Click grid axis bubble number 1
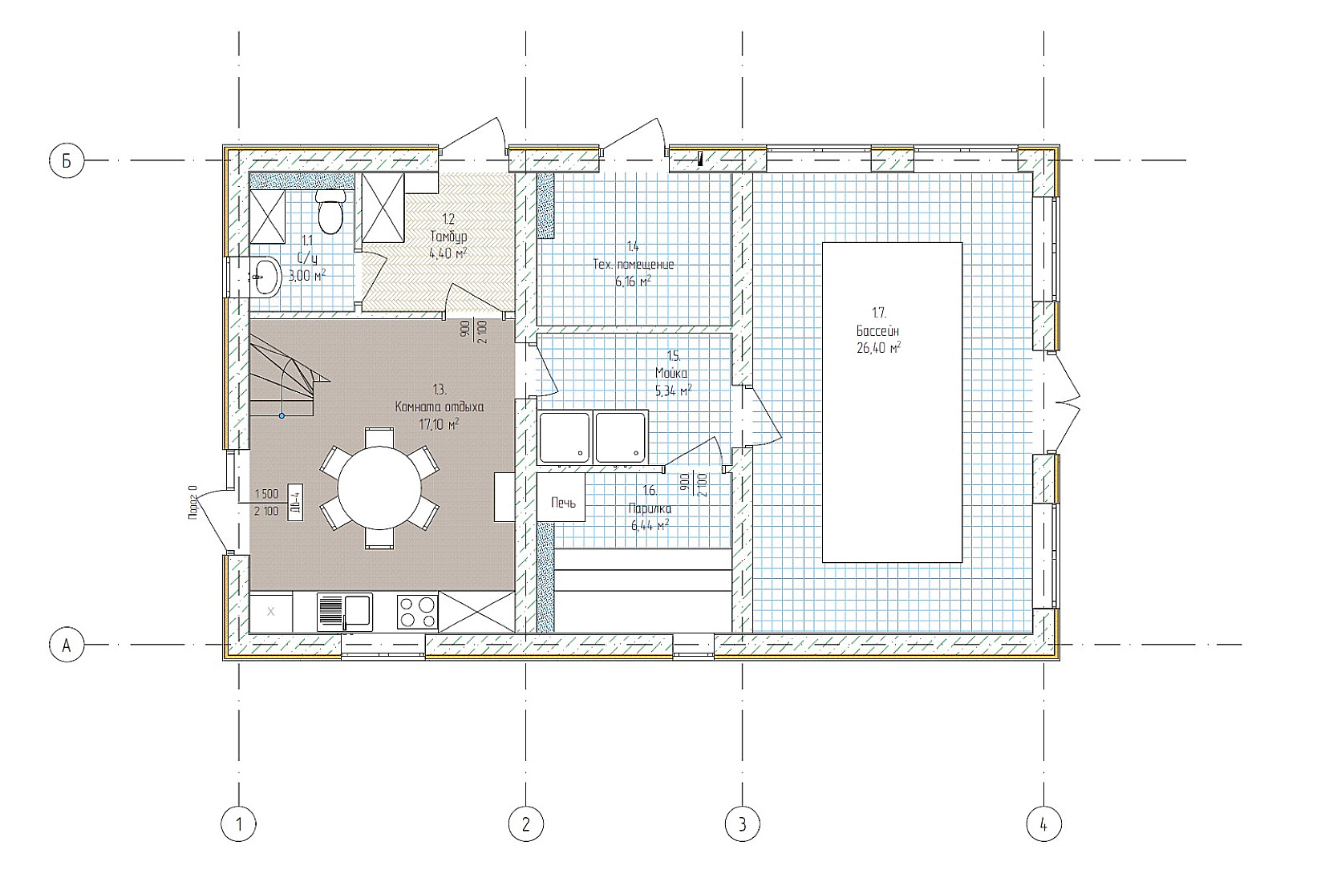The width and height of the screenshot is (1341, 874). [x=238, y=823]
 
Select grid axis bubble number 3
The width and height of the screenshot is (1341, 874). [x=742, y=823]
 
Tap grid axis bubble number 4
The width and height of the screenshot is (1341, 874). [x=1043, y=823]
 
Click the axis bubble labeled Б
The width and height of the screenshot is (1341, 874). [x=67, y=160]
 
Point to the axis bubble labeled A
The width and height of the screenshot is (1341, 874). [x=67, y=645]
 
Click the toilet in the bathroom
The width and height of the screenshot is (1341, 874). [x=330, y=210]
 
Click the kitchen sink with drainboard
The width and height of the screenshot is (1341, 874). [x=345, y=611]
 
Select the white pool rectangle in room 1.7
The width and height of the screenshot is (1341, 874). [x=892, y=403]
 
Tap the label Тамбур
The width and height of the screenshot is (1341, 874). [x=448, y=237]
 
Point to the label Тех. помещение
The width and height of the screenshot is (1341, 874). [x=633, y=265]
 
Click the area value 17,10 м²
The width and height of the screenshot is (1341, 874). [x=439, y=424]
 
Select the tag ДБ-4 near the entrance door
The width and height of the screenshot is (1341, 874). [x=294, y=503]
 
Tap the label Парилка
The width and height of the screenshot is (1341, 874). [x=650, y=508]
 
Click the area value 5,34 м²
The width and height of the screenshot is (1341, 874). [x=673, y=390]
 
